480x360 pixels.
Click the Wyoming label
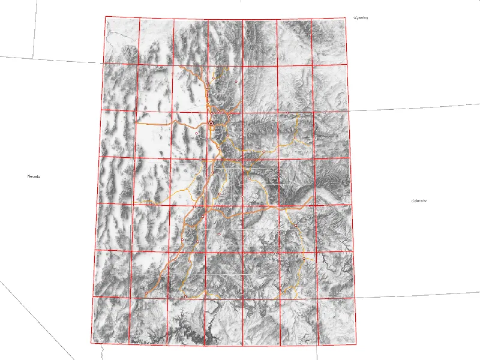[361, 18]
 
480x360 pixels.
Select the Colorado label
[419, 200]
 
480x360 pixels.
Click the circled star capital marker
[211, 123]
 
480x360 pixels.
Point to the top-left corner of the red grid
[106, 17]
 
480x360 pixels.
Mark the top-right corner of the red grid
[347, 19]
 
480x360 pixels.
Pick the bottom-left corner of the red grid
[91, 343]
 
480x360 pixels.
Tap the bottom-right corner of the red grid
[358, 346]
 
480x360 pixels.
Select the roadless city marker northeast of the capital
[238, 82]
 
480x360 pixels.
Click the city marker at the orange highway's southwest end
[146, 293]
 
